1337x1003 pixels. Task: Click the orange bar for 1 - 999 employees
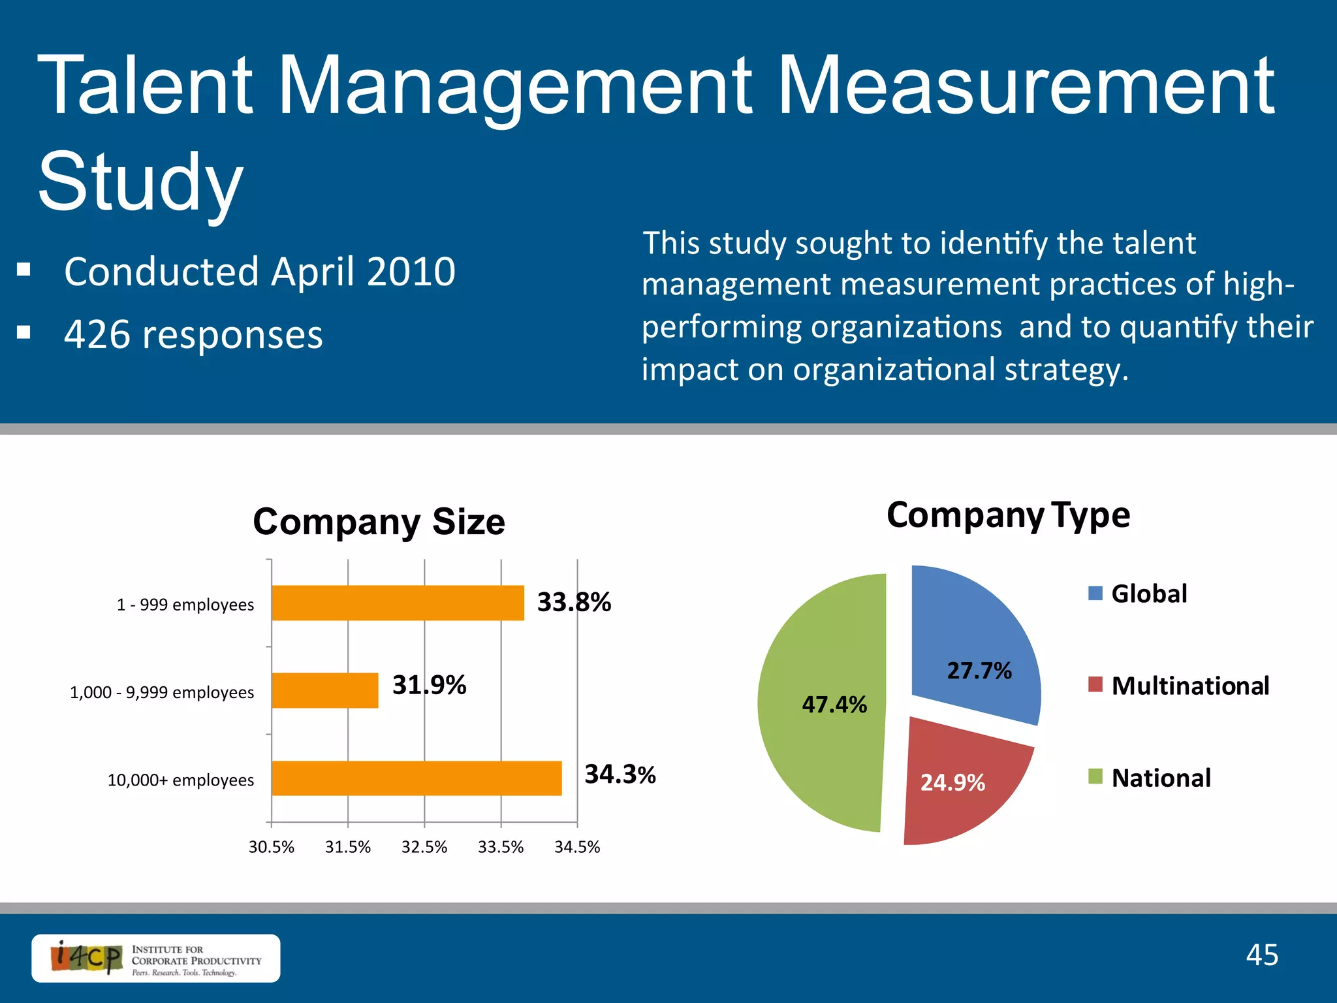397,603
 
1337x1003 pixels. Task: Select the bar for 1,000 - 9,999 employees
324,690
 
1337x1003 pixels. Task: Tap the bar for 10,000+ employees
416,778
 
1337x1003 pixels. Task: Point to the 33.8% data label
574,601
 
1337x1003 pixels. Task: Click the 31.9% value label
429,685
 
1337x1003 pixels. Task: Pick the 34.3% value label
620,774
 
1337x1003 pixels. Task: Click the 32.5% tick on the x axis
424,847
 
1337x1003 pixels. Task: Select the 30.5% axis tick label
271,847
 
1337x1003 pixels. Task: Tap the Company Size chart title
379,522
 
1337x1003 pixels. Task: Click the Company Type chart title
1008,515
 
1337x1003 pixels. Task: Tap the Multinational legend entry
1189,686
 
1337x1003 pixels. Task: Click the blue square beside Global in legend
1095,593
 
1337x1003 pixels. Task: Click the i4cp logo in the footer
155,958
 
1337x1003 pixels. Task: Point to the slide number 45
1261,955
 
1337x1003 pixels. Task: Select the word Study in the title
140,181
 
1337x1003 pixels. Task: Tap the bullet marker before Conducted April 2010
24,270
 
